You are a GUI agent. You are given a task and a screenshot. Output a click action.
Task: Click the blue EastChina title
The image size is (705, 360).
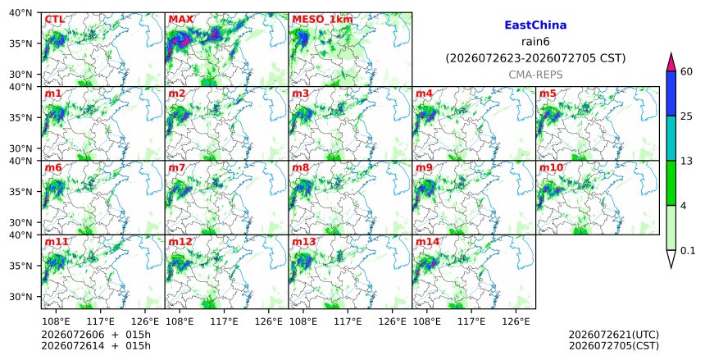(535, 25)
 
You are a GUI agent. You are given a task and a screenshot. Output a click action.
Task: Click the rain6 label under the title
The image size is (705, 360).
(535, 42)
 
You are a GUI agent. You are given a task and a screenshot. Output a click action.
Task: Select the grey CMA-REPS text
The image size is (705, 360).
(535, 75)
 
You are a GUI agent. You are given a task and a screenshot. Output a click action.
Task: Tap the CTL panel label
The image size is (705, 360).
(54, 20)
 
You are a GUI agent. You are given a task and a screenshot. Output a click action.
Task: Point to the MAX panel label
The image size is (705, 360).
(180, 20)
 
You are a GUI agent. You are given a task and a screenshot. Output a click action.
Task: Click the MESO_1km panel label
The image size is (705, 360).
(322, 20)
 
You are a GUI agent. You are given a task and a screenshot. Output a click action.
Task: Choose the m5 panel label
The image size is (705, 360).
(547, 93)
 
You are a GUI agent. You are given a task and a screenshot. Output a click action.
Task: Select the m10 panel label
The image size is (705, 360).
(551, 168)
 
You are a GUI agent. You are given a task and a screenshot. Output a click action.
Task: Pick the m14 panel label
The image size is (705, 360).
(427, 242)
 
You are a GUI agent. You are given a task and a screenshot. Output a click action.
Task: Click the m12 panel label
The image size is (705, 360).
(180, 242)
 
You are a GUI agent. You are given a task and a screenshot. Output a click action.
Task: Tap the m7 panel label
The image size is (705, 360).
(177, 168)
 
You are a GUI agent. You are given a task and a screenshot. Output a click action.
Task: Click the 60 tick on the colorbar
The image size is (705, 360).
(686, 71)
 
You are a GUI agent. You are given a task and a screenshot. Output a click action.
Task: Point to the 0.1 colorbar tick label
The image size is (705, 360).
(688, 251)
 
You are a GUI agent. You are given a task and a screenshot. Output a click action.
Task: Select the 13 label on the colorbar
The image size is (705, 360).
(686, 161)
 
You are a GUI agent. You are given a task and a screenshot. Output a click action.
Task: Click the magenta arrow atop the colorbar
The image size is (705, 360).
(671, 62)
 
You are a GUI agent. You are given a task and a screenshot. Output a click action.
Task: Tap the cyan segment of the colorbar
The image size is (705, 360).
(671, 139)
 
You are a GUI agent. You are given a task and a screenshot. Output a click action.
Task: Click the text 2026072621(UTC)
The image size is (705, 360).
(614, 335)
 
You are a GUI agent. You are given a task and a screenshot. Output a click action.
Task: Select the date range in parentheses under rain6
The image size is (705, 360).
(535, 58)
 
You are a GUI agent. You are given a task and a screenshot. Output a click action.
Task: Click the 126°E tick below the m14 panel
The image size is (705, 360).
(516, 322)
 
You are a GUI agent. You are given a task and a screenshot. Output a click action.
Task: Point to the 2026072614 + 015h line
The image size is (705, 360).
(96, 346)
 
